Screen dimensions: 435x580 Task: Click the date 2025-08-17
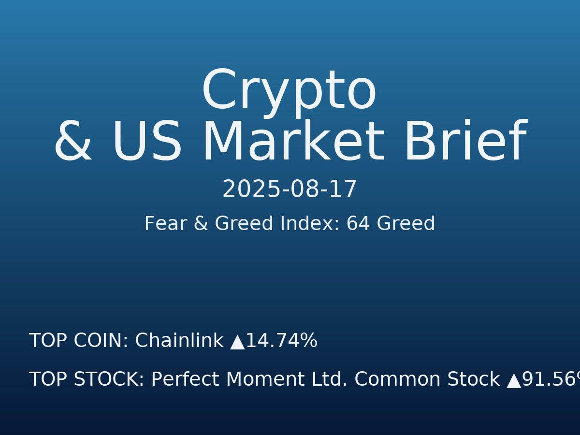(x=290, y=189)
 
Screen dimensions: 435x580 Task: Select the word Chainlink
(x=179, y=341)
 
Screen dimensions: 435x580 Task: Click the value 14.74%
(x=281, y=341)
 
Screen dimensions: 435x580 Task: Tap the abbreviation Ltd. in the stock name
(x=329, y=380)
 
